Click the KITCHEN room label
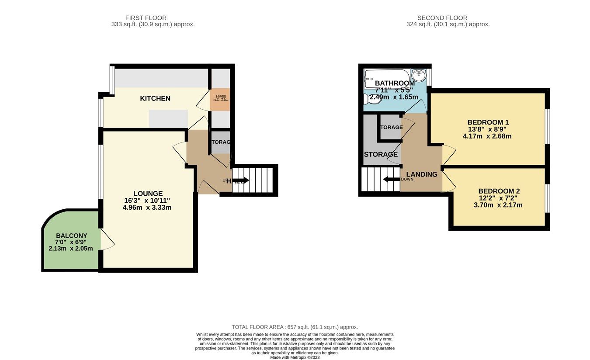pos(155,98)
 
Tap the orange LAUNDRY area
pos(220,100)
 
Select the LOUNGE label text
pos(148,194)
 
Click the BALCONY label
pos(71,235)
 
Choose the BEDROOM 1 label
pos(488,122)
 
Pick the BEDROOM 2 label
pos(499,191)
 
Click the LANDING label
pos(422,174)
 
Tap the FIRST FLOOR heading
pos(146,18)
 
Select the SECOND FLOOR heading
pos(442,18)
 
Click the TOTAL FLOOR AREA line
pos(295,327)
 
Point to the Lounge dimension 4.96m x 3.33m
pos(148,208)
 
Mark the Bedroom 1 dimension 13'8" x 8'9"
pos(488,129)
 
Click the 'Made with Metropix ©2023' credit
pos(295,357)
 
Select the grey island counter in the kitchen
pos(168,118)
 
